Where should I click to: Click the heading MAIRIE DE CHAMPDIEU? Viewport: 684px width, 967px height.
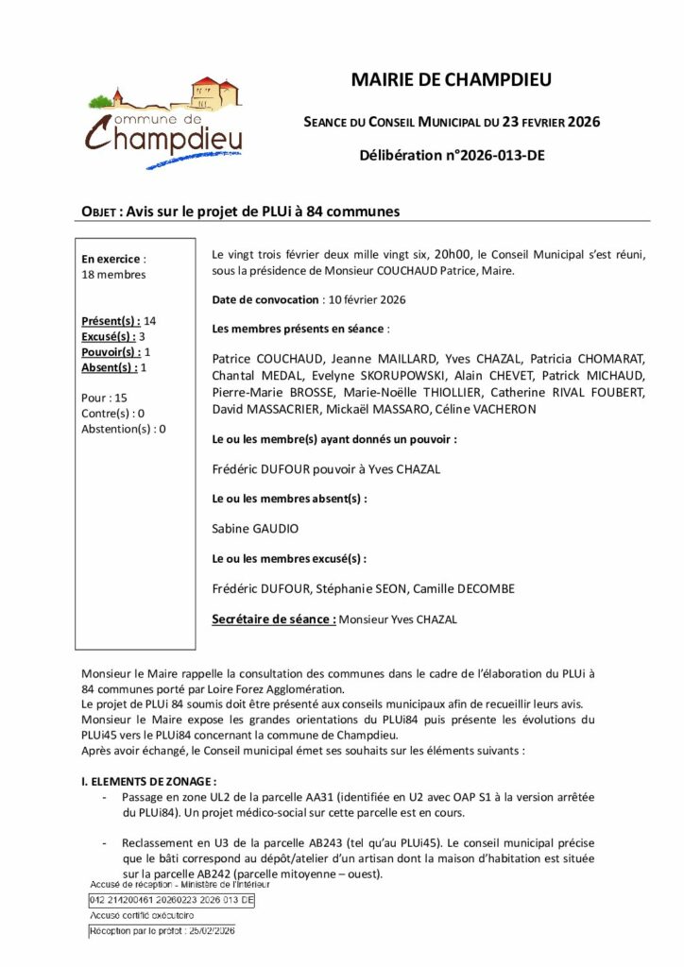point(452,80)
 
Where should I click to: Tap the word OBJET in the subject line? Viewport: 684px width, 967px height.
point(99,212)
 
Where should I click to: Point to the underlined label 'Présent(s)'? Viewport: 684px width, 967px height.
point(111,321)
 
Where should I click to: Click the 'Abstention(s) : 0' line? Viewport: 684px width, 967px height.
point(124,428)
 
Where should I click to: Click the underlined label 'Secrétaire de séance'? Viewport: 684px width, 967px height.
point(273,619)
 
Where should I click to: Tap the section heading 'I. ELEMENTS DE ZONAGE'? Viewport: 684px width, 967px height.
point(149,781)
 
